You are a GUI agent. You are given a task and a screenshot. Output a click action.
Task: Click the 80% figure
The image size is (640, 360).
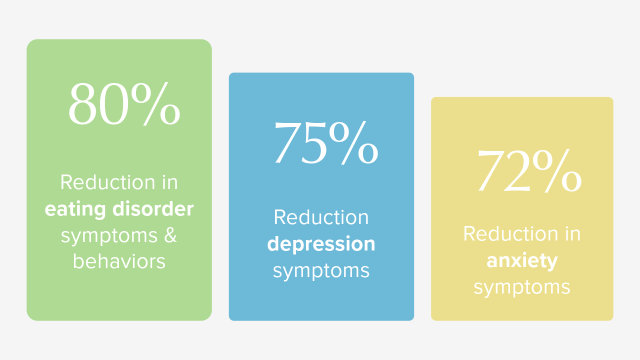124,103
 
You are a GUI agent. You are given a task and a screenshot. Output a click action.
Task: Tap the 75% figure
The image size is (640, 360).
326,143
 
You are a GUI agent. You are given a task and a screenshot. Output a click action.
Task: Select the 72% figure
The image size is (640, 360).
529,171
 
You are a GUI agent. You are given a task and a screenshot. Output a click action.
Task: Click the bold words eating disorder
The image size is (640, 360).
119,209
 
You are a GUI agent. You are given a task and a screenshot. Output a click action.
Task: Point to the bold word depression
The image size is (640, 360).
321,244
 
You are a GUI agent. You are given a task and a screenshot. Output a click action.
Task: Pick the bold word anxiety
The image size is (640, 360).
522,261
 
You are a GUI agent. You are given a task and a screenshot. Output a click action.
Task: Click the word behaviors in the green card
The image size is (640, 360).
119,261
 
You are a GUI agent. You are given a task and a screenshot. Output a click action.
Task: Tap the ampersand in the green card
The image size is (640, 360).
170,235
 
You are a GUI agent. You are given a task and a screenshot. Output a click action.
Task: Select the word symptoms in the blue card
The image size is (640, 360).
321,271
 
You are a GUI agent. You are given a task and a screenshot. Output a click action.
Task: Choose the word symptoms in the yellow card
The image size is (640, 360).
522,287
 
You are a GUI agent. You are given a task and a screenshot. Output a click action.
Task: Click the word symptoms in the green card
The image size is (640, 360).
109,236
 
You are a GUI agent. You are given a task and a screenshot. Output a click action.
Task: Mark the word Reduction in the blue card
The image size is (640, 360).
321,217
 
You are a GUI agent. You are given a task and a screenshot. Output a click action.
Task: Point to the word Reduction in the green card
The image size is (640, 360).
107,182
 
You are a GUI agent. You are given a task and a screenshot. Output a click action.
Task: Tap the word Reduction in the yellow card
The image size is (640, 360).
510,233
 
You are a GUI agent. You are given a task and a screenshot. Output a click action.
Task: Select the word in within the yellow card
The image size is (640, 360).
573,233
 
